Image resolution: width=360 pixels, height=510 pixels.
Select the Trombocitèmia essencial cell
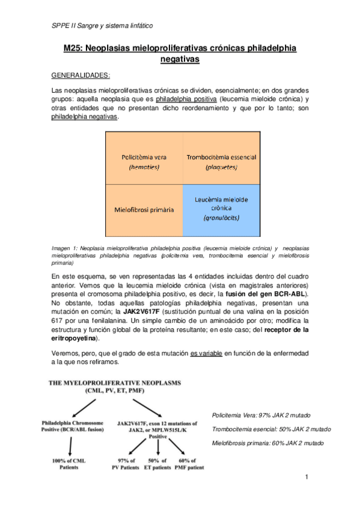(221, 161)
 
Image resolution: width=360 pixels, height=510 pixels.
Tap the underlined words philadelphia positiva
(186, 99)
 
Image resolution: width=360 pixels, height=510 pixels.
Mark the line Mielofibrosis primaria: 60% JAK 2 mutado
(267, 443)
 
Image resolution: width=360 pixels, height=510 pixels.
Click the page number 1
(306, 478)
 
